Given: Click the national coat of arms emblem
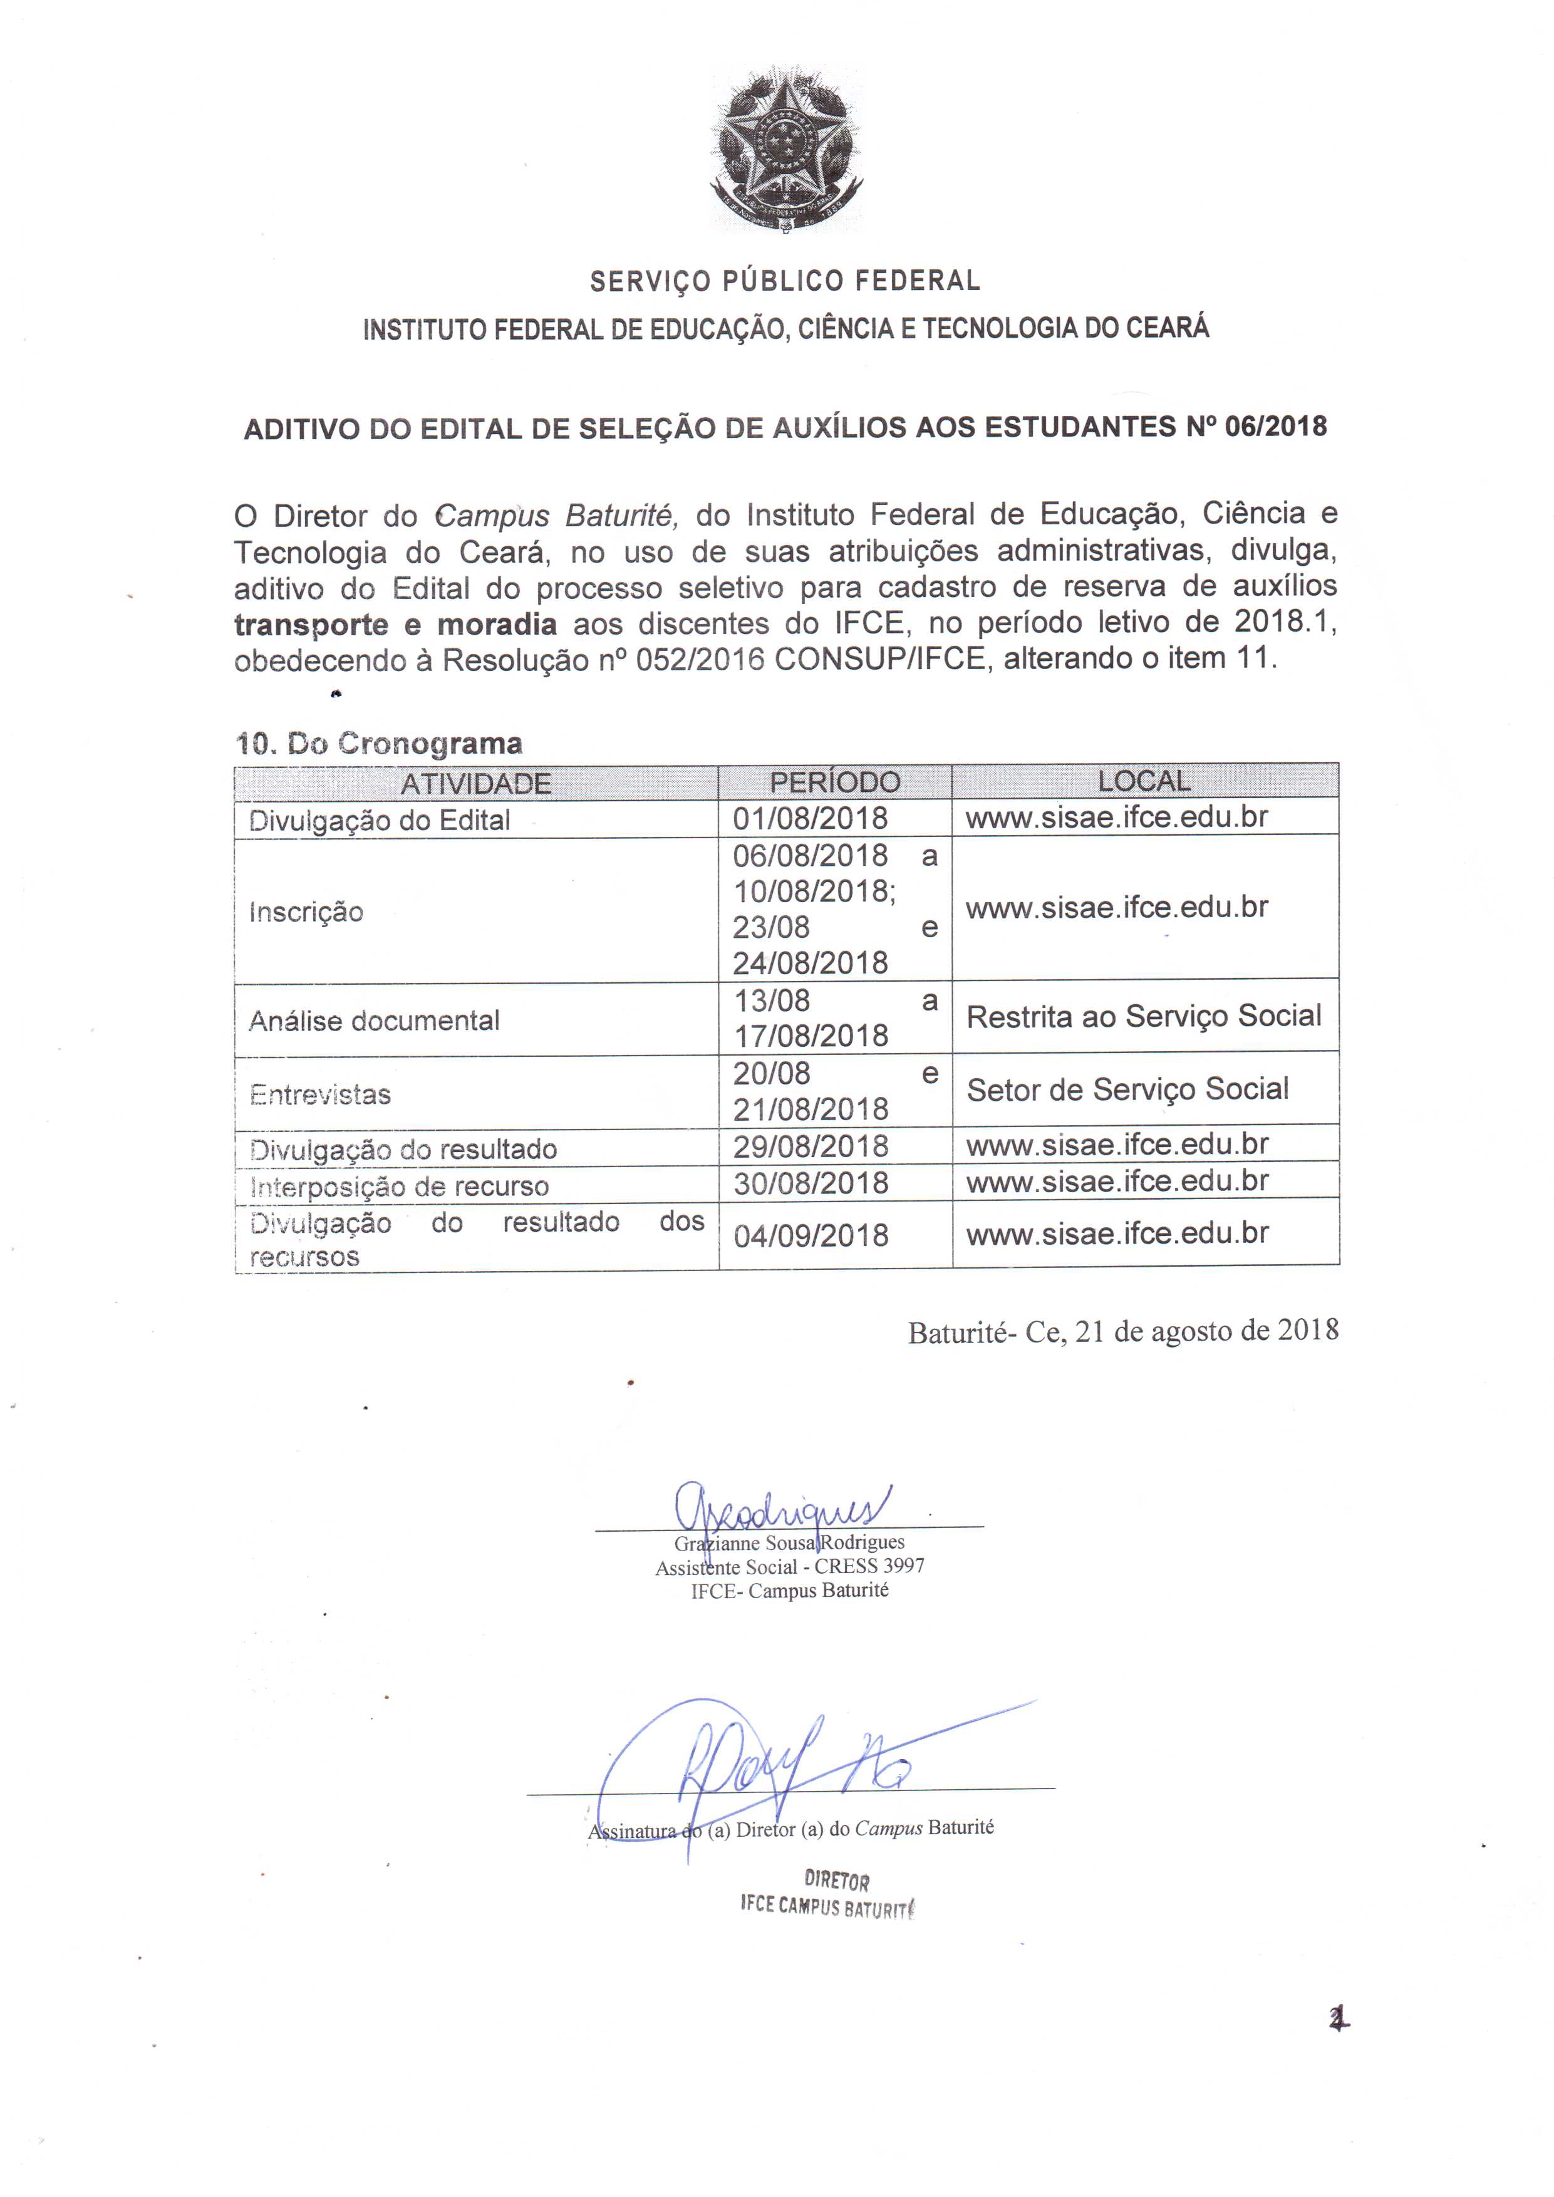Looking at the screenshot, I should pos(785,148).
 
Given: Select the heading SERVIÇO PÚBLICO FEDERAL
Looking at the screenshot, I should pos(785,281).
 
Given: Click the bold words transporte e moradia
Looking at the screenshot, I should pos(395,625).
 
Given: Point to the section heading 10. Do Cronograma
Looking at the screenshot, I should pos(379,744).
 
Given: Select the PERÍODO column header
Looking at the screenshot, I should pos(834,782).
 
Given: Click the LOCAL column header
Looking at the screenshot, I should pos(1144,781).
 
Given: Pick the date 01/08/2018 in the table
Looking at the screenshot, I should pos(811,819).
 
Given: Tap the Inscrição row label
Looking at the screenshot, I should pos(306,912).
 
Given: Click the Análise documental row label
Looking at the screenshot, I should pos(374,1021).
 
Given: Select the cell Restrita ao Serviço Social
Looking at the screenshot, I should pos(1144,1016).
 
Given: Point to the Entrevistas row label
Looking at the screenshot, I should pos(321,1094).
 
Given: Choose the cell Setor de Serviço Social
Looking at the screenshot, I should pos(1127,1089).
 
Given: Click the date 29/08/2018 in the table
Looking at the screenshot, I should pos(811,1146).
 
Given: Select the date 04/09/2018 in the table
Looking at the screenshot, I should pos(811,1235).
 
